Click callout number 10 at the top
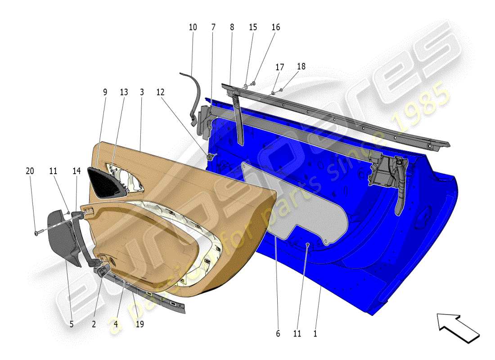pyautogui.click(x=193, y=27)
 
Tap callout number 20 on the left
pyautogui.click(x=30, y=171)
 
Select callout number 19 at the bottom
pyautogui.click(x=139, y=324)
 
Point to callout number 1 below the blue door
pyautogui.click(x=315, y=334)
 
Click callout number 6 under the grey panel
pyautogui.click(x=278, y=334)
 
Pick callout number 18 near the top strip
pyautogui.click(x=301, y=67)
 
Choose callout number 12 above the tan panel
pyautogui.click(x=160, y=92)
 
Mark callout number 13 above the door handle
pyautogui.click(x=124, y=92)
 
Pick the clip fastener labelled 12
pyautogui.click(x=210, y=157)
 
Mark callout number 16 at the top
pyautogui.click(x=275, y=27)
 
